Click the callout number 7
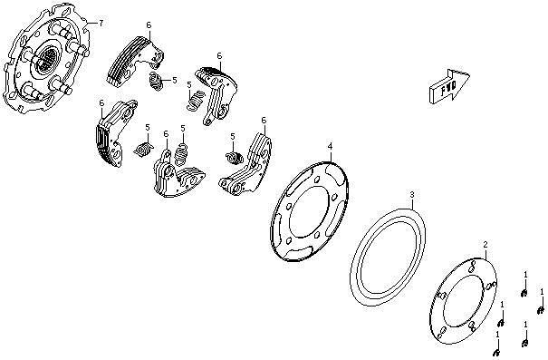pyautogui.click(x=101, y=24)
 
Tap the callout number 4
pyautogui.click(x=331, y=145)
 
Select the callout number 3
pyautogui.click(x=412, y=194)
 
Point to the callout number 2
pyautogui.click(x=486, y=244)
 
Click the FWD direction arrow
pyautogui.click(x=448, y=86)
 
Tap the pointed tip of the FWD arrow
pyautogui.click(x=469, y=74)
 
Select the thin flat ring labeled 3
pyautogui.click(x=388, y=258)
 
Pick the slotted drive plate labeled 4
pyautogui.click(x=309, y=212)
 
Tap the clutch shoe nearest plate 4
pyautogui.click(x=245, y=164)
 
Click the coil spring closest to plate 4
pyautogui.click(x=235, y=157)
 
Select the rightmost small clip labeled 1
pyautogui.click(x=541, y=309)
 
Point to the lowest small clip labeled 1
pyautogui.click(x=496, y=352)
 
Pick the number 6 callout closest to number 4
pyautogui.click(x=264, y=121)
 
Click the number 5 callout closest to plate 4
pyautogui.click(x=233, y=136)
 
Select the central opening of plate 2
pyautogui.click(x=463, y=302)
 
